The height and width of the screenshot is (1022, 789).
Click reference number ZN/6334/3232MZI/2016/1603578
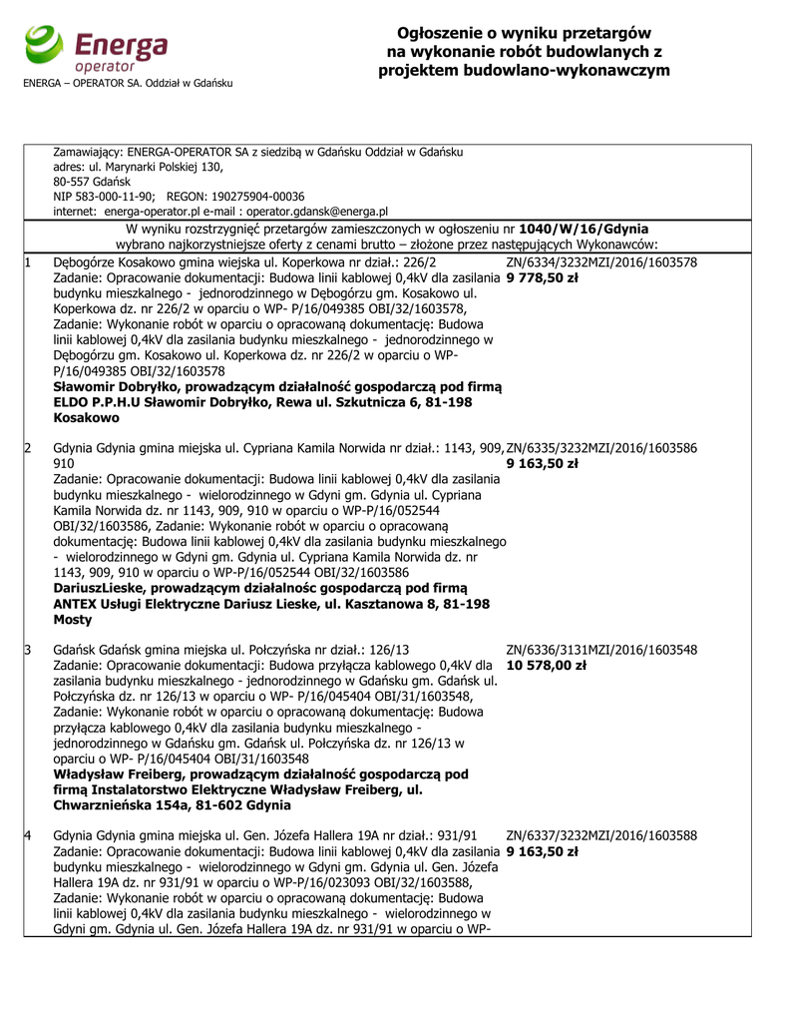(x=601, y=262)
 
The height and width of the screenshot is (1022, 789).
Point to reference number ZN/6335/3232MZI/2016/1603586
(x=601, y=448)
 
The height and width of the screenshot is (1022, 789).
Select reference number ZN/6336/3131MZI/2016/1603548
(x=601, y=650)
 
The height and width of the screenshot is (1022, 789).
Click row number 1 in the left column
(x=28, y=262)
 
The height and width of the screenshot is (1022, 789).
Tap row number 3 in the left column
(x=28, y=650)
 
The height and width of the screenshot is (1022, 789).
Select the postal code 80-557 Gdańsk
(x=86, y=182)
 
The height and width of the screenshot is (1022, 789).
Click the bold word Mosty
(x=73, y=620)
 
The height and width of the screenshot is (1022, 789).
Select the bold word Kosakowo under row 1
(x=84, y=418)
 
